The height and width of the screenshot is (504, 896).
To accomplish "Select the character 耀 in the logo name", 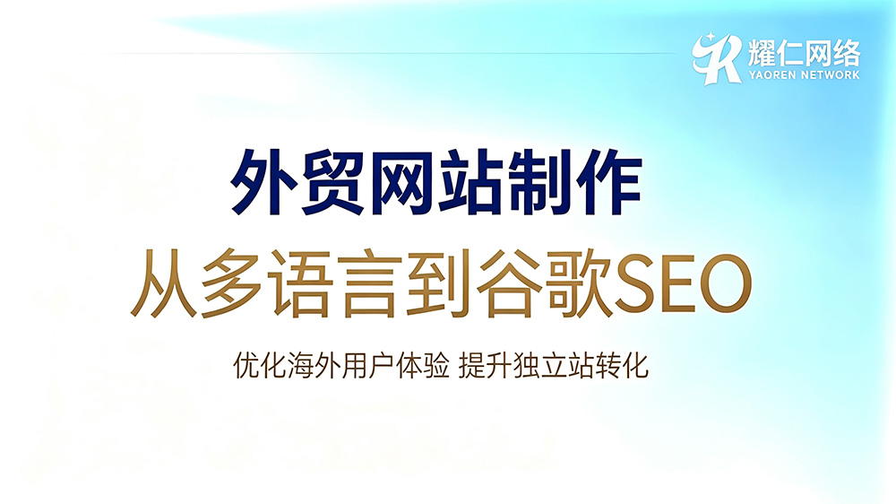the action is pyautogui.click(x=762, y=53).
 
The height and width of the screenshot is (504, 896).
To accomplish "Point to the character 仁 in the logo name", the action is pyautogui.click(x=789, y=53).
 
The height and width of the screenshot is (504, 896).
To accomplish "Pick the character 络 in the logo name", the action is pyautogui.click(x=847, y=53).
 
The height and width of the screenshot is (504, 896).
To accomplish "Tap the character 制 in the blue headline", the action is pyautogui.click(x=540, y=182).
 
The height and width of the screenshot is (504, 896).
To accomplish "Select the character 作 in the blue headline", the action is pyautogui.click(x=609, y=182).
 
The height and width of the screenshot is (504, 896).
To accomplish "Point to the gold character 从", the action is pyautogui.click(x=165, y=283).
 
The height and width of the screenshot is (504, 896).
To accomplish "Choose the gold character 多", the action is pyautogui.click(x=234, y=283).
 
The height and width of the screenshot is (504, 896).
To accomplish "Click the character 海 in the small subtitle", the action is pyautogui.click(x=300, y=366).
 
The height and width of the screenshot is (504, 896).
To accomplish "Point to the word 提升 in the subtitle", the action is pyautogui.click(x=485, y=366).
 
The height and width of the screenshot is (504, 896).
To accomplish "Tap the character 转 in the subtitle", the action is pyautogui.click(x=608, y=366).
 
